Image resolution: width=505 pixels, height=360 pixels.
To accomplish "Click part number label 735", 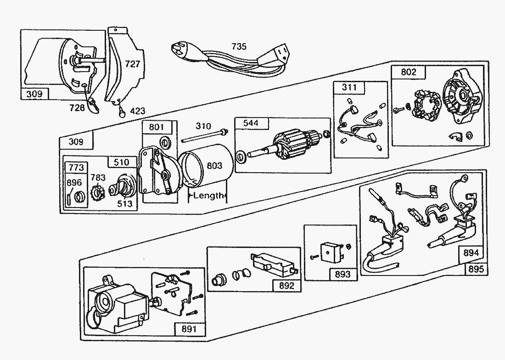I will click(x=239, y=46).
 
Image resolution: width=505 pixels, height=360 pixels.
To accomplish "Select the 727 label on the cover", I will click(x=132, y=64).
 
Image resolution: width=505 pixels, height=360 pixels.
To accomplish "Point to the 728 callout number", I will click(x=77, y=107).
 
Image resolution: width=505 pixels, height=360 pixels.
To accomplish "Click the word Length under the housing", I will click(x=208, y=196).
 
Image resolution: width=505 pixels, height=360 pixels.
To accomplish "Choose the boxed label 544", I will click(x=250, y=123).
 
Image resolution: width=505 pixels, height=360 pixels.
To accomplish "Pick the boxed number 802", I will click(x=408, y=72).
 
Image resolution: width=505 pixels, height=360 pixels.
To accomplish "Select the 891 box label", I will click(x=189, y=329).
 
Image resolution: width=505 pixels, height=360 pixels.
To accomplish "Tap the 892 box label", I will click(x=286, y=285).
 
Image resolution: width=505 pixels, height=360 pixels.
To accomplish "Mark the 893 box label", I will click(x=342, y=274).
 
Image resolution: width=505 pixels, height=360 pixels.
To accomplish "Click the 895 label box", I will click(x=476, y=269).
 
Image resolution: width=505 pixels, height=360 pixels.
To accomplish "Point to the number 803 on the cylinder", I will click(x=214, y=166).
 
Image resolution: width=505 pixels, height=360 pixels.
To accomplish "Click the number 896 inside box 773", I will click(x=74, y=182).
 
